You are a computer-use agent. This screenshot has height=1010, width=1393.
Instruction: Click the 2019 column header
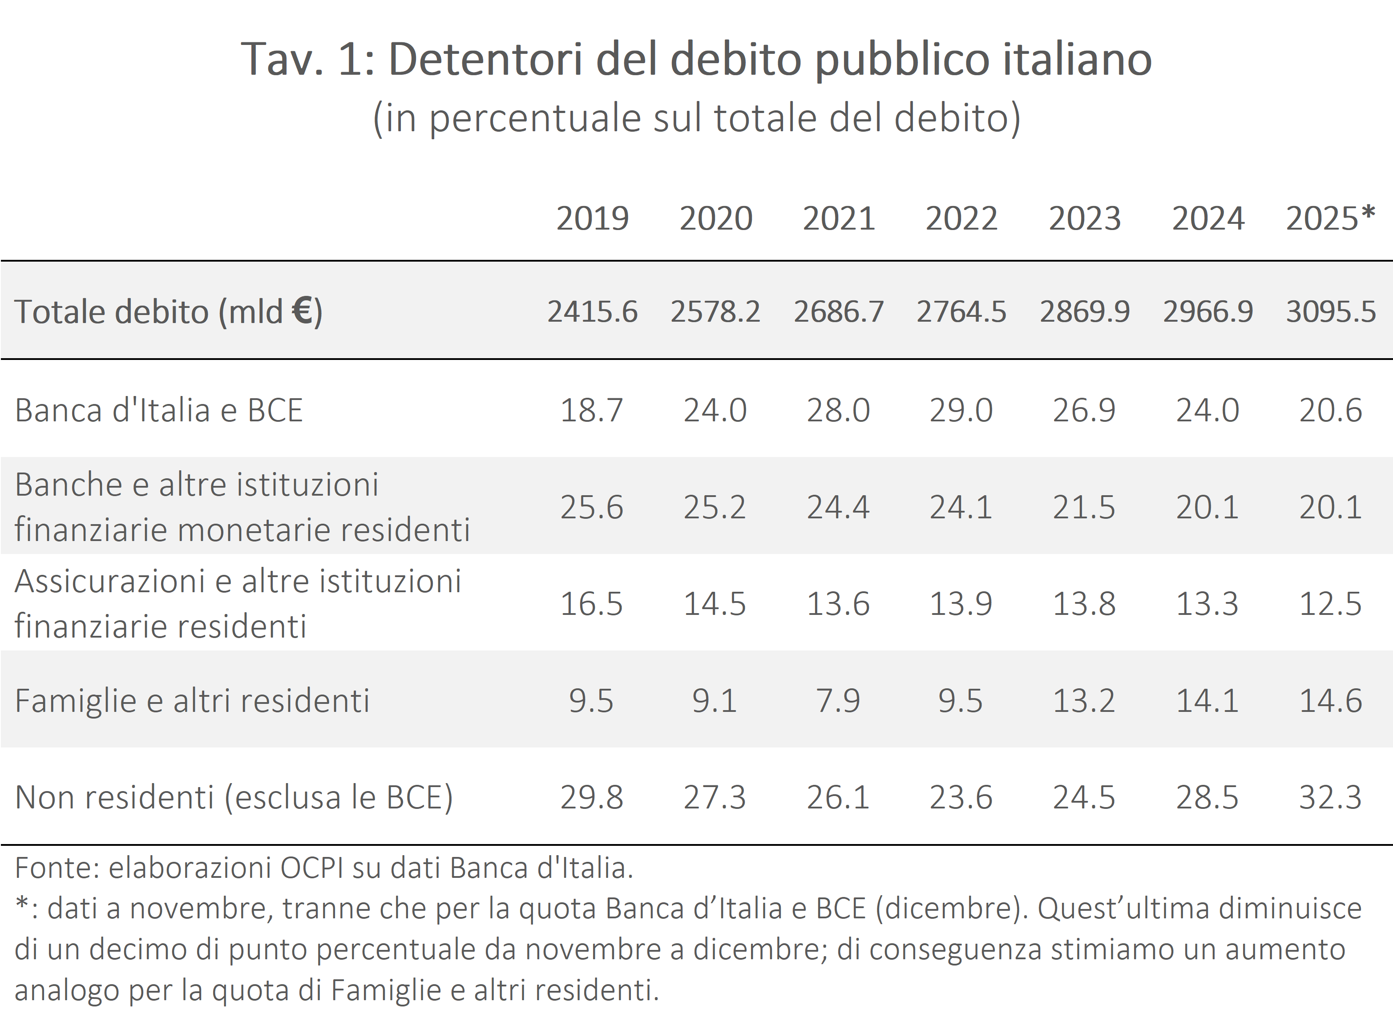pos(593,218)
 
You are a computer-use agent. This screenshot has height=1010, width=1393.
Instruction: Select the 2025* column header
pos(1330,218)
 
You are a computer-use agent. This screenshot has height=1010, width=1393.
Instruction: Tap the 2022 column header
pos(961,218)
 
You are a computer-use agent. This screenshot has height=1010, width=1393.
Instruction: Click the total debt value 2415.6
pos(592,311)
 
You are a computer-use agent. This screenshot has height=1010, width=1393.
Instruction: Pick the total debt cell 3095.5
pos(1330,311)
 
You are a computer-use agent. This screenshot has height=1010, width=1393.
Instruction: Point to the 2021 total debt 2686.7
pos(838,311)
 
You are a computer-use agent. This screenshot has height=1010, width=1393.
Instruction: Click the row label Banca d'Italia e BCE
pos(158,410)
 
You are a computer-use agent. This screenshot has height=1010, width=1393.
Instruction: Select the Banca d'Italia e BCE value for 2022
pos(961,410)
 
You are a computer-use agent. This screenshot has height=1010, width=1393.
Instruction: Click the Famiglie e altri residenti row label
pos(192,700)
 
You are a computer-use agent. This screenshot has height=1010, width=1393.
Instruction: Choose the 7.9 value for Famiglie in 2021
pos(838,700)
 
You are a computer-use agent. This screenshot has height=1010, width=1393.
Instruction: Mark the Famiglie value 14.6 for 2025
pos(1330,700)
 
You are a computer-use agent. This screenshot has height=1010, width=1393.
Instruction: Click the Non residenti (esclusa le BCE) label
pos(234,797)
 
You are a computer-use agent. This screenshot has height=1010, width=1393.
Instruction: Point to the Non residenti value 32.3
pos(1330,797)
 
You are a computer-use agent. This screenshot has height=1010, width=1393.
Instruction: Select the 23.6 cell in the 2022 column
pos(961,797)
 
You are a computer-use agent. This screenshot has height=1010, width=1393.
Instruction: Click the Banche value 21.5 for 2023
pos(1084,507)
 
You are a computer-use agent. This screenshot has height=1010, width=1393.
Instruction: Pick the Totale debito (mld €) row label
pos(168,311)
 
